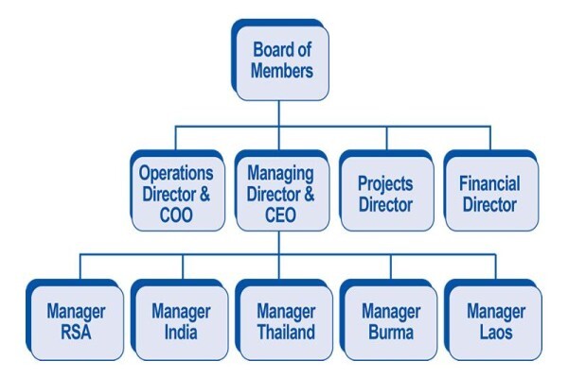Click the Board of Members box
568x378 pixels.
tap(280, 60)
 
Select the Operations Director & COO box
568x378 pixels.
tap(177, 191)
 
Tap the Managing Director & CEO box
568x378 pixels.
tap(281, 191)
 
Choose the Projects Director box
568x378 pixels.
tap(386, 191)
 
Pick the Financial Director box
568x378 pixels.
tap(490, 191)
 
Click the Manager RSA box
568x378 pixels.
tap(75, 319)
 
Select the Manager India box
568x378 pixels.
tap(180, 319)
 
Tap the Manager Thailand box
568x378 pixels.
tap(284, 319)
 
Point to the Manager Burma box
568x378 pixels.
tap(389, 319)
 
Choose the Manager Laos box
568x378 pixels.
tap(493, 319)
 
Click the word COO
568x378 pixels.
tap(176, 215)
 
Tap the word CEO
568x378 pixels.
tap(281, 215)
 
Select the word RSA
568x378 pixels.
tap(76, 333)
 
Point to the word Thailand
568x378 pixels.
tap(286, 333)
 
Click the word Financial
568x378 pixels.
tap(489, 183)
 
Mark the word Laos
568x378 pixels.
tap(496, 333)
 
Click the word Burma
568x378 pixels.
tap(391, 333)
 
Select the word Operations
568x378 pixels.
tap(176, 174)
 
